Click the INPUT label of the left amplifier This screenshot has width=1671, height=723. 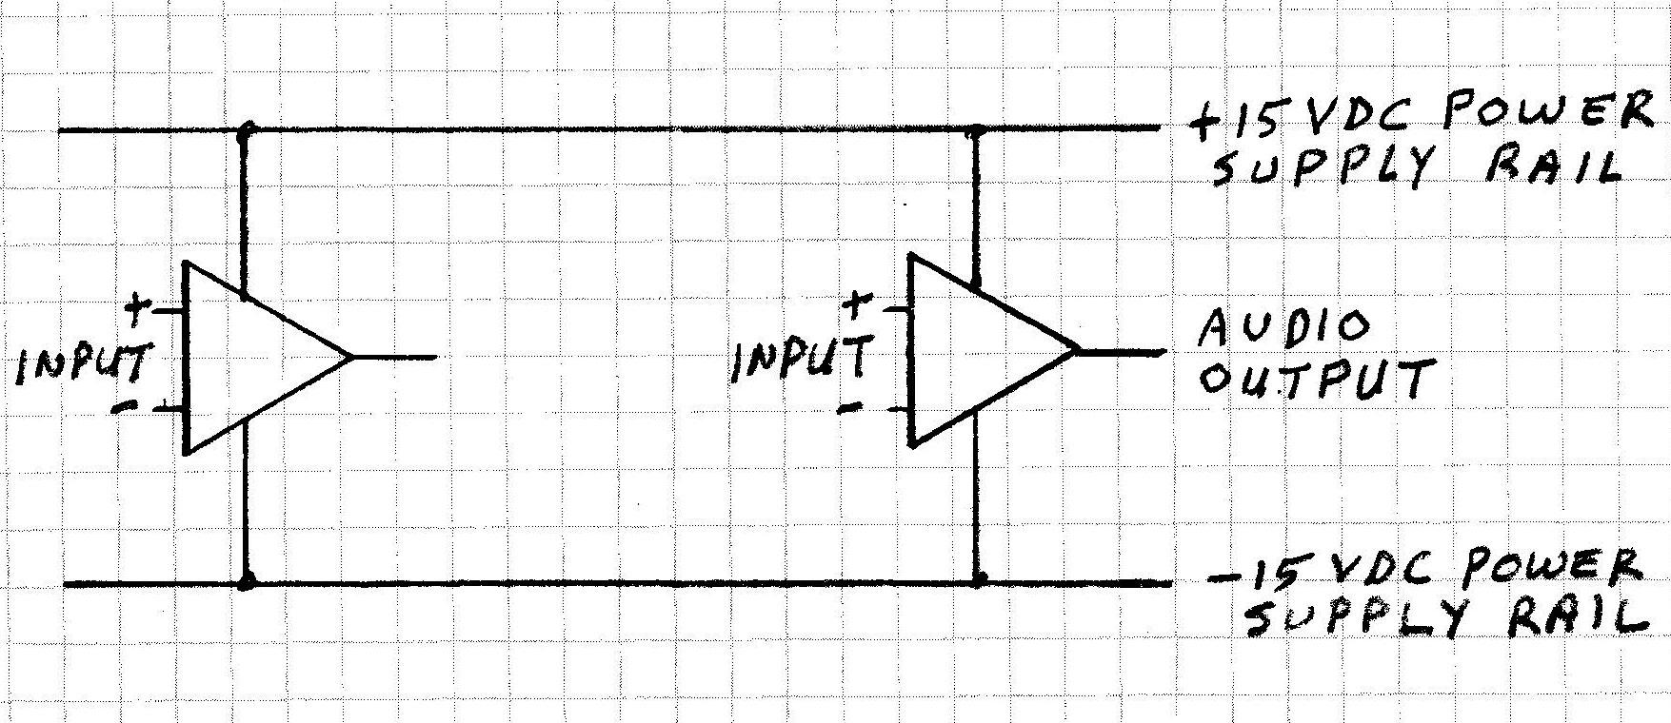84,363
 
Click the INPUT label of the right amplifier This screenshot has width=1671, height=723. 800,360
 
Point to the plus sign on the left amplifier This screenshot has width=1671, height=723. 139,306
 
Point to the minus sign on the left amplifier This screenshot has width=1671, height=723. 123,407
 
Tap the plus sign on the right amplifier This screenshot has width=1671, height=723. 857,305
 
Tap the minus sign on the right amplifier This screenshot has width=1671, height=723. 850,407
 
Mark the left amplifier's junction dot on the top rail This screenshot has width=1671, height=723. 248,127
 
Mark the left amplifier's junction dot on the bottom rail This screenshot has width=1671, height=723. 248,579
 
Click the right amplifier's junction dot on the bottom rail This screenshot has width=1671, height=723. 981,578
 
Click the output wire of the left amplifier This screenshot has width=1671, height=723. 395,358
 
